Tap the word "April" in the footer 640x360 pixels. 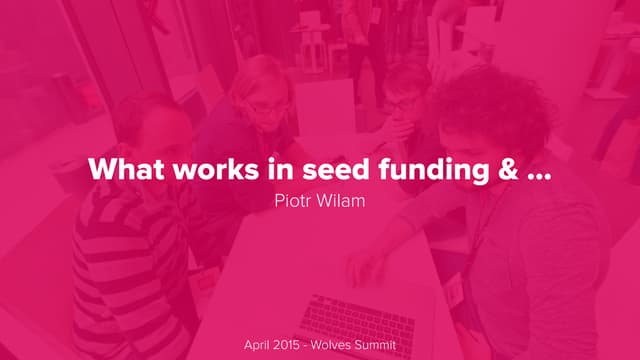tap(260, 345)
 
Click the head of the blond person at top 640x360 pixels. tap(263, 85)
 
